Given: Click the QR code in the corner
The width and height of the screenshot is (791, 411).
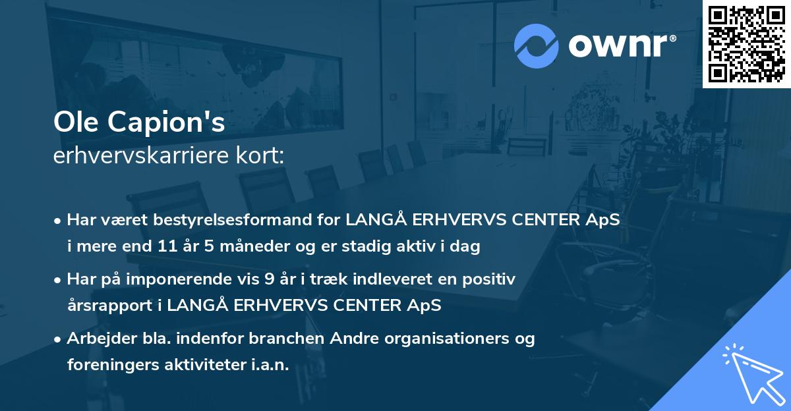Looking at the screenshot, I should click(746, 44).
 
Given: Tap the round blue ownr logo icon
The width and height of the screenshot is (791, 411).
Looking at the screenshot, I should click(535, 45).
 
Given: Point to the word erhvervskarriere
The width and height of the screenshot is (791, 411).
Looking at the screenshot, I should click(131, 156).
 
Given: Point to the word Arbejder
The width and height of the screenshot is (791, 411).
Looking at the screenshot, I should click(96, 339).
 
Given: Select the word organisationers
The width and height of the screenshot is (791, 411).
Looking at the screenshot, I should click(446, 339).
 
